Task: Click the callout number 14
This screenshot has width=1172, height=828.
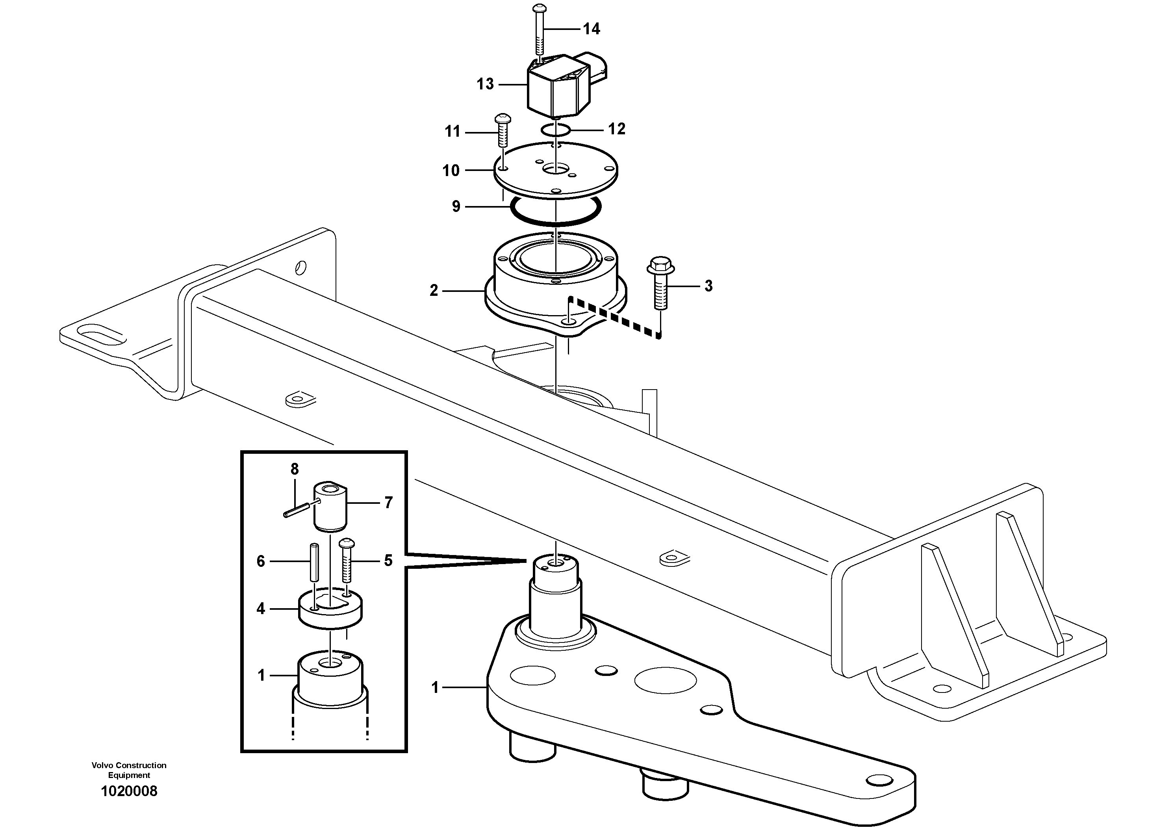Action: [x=591, y=29]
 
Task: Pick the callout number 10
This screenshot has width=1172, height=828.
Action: [x=451, y=171]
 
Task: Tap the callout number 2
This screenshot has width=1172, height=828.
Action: [x=434, y=290]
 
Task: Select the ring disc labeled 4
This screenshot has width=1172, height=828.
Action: [x=330, y=610]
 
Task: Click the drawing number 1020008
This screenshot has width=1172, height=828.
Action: [x=129, y=792]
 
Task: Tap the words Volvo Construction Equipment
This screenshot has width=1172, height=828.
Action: [x=129, y=770]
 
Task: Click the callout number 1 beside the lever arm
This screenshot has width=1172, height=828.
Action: [x=435, y=688]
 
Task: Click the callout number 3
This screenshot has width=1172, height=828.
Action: [x=708, y=286]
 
